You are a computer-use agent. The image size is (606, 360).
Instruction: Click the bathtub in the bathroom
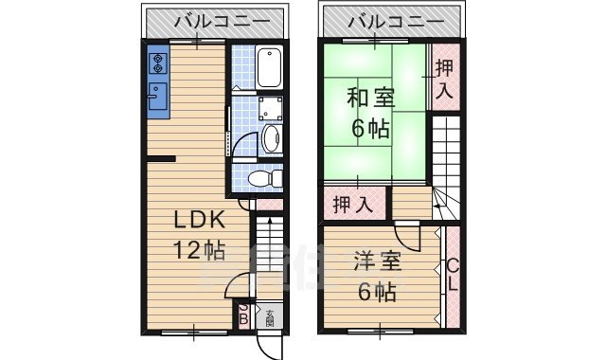269,67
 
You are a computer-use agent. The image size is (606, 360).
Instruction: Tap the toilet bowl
261,177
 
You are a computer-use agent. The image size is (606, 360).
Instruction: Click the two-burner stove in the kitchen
157,63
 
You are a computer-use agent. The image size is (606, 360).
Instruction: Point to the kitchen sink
157,98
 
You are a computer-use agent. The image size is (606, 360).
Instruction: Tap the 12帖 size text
198,252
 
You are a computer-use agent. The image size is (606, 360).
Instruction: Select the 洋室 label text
378,261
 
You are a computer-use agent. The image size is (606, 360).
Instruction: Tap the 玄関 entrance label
270,316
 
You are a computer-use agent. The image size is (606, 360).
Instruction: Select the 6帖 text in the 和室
370,129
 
